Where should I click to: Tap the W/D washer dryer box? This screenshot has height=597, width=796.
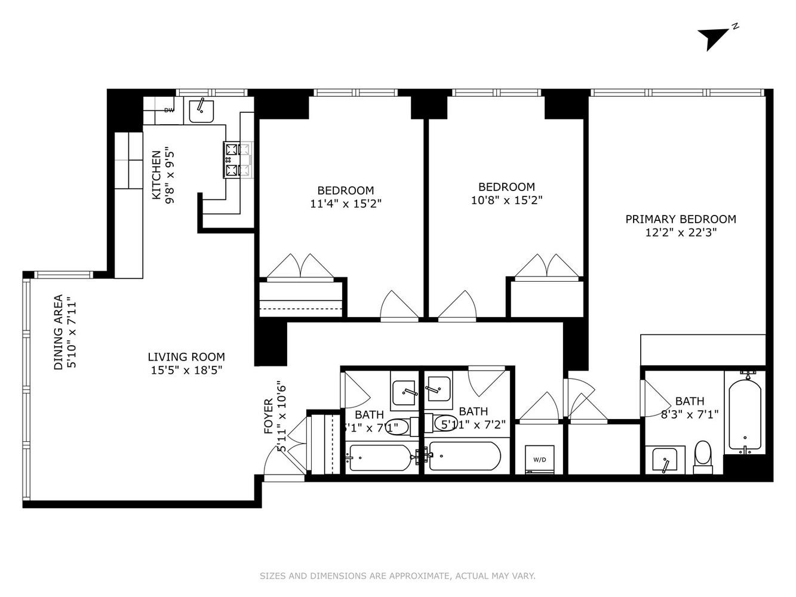(539, 459)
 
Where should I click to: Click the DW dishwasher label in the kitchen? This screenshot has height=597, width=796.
(169, 110)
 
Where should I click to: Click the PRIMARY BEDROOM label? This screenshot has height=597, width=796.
(680, 219)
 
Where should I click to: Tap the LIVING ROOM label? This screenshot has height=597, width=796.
(186, 357)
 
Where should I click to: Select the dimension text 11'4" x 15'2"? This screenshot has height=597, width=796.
(346, 204)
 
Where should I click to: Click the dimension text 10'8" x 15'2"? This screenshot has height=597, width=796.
(506, 201)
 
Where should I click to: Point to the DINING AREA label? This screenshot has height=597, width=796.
(59, 332)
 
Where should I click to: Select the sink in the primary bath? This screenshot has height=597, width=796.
(665, 460)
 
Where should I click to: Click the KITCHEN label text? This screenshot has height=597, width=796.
(156, 175)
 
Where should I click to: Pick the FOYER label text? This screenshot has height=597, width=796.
(269, 416)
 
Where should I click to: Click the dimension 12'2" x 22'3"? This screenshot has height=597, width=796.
(680, 233)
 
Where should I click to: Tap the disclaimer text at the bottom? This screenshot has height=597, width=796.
(397, 576)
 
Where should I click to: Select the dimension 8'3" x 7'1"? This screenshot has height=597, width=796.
(690, 414)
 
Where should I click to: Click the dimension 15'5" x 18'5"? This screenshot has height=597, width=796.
(186, 370)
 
